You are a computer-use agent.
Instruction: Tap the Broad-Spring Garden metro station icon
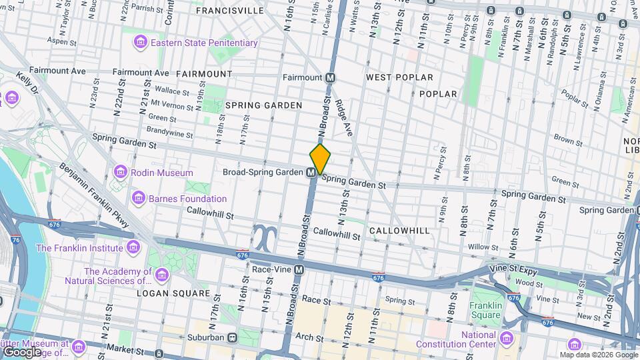pos(311,173)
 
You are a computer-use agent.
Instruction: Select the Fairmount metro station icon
pos(331,77)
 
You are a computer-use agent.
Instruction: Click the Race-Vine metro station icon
pos(299,270)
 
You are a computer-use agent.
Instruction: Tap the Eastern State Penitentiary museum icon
pos(140,43)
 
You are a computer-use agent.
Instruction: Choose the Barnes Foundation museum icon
pos(139,198)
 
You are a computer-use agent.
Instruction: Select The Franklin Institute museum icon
pos(133,248)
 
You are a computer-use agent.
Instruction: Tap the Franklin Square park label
pos(485,311)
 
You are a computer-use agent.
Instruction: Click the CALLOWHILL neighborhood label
pos(399,230)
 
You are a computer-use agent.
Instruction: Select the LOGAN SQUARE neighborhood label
pos(175,293)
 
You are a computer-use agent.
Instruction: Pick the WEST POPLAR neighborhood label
pos(399,78)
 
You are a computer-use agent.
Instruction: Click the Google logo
pos(22,352)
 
